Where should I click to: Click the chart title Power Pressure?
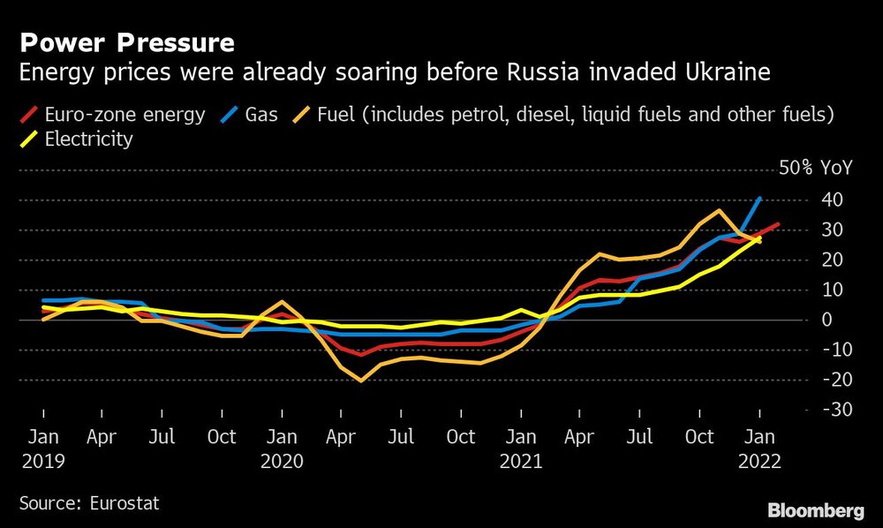click(127, 42)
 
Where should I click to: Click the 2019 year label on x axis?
click(42, 460)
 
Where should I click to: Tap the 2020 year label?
click(282, 460)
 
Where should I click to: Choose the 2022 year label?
click(759, 460)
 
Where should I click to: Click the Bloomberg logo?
click(816, 509)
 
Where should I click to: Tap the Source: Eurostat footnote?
click(89, 504)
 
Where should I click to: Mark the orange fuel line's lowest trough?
click(361, 381)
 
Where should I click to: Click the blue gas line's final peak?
click(760, 199)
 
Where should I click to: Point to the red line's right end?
click(778, 224)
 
